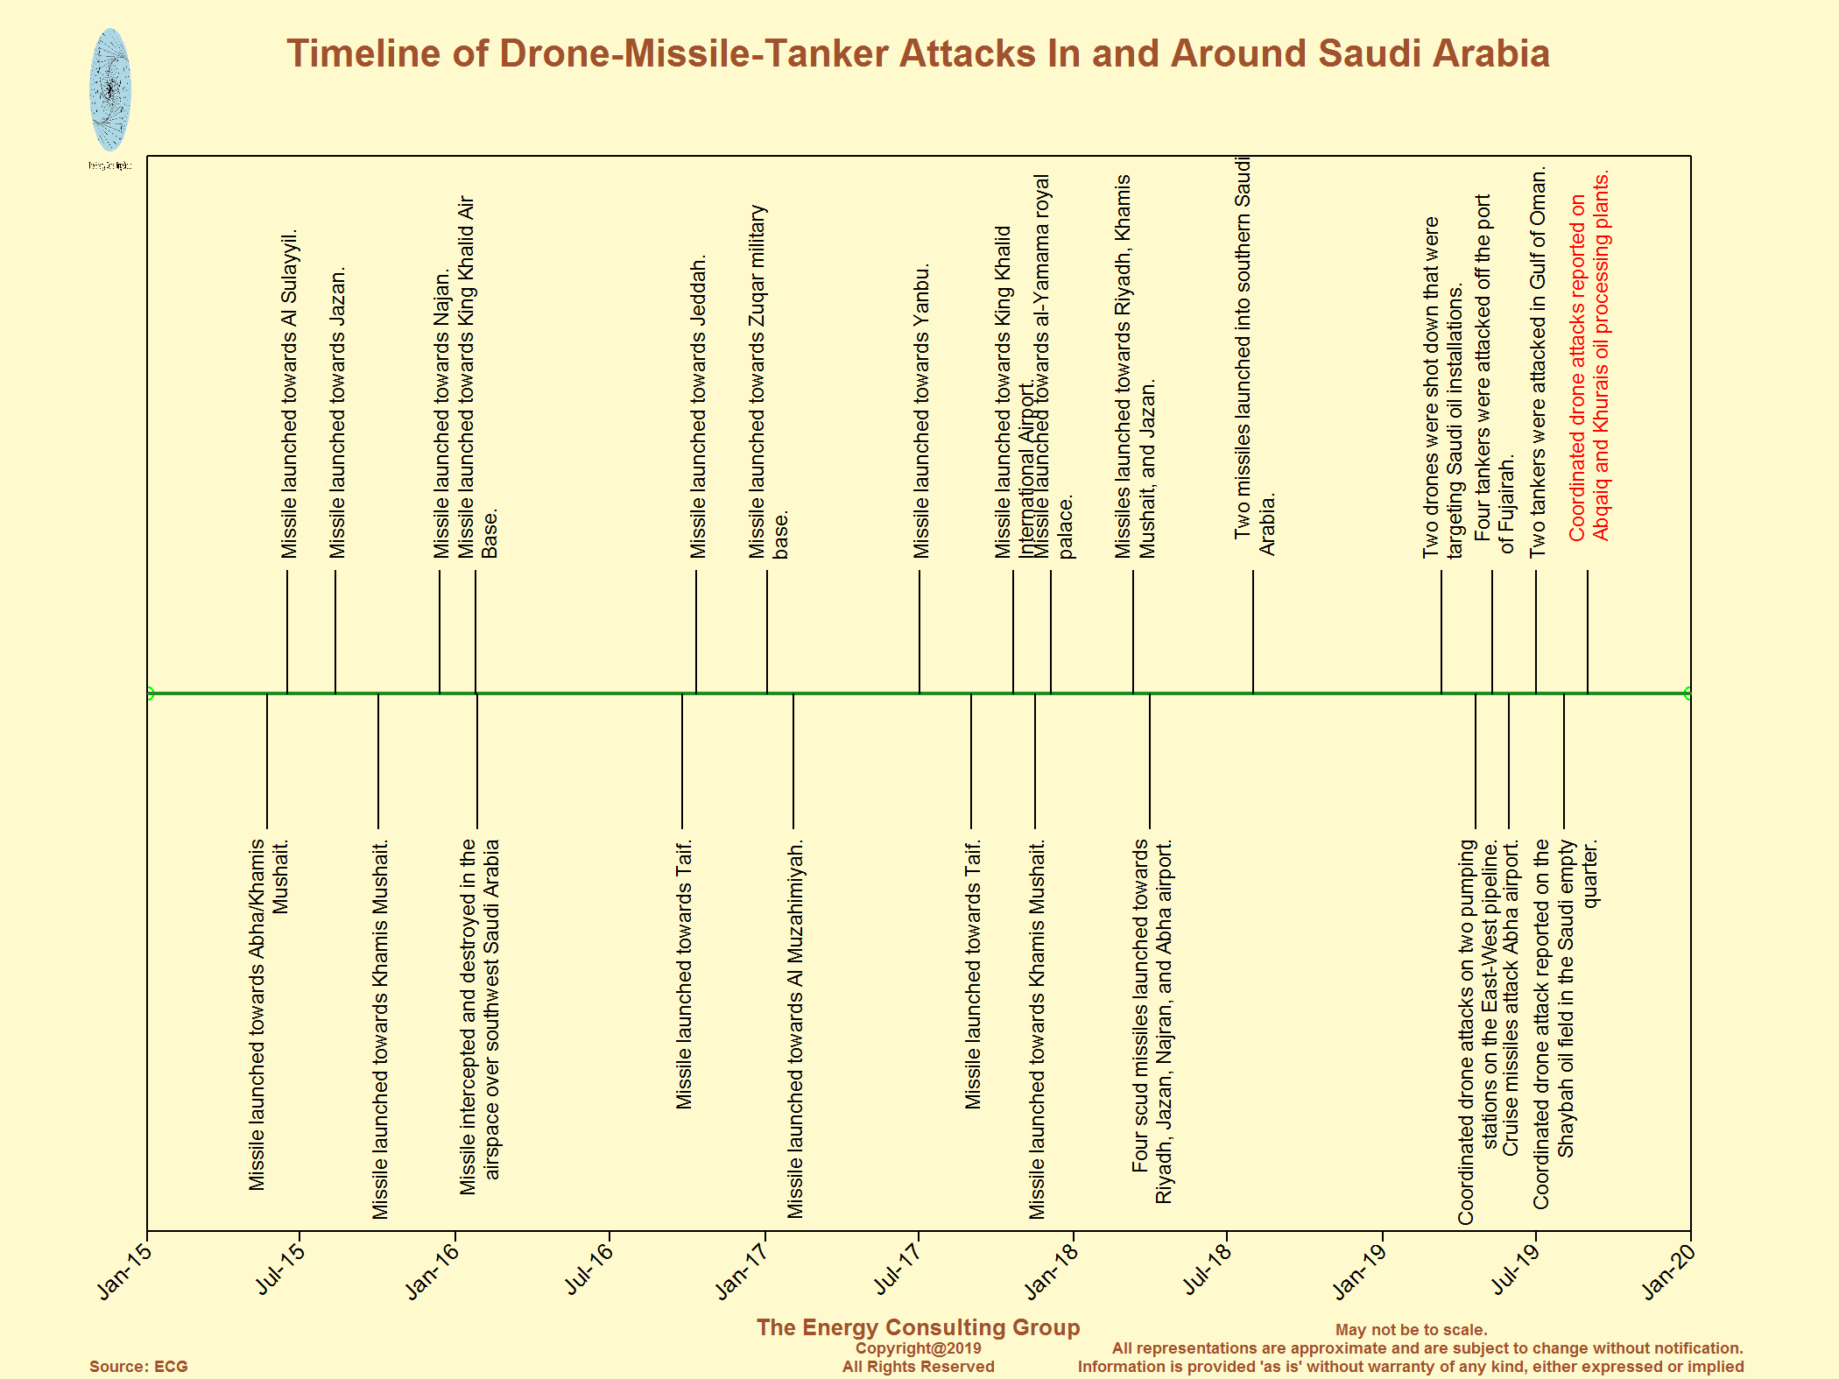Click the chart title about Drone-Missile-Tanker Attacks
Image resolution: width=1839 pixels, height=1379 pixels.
918,53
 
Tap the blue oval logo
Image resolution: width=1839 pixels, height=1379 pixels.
110,89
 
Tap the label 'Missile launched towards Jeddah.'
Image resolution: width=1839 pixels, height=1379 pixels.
698,407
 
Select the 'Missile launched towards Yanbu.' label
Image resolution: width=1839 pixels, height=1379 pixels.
921,411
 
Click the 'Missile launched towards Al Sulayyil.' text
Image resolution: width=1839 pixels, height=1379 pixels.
289,394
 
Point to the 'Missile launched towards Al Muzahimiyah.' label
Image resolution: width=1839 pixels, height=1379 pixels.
795,1030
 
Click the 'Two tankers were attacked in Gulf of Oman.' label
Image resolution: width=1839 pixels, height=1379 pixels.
1538,362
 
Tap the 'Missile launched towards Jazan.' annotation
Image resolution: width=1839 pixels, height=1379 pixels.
337,412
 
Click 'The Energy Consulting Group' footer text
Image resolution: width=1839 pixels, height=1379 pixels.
918,1327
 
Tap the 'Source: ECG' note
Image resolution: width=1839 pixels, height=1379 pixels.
138,1367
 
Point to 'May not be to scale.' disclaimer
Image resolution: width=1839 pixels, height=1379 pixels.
1411,1330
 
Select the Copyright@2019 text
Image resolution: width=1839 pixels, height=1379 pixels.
918,1348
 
